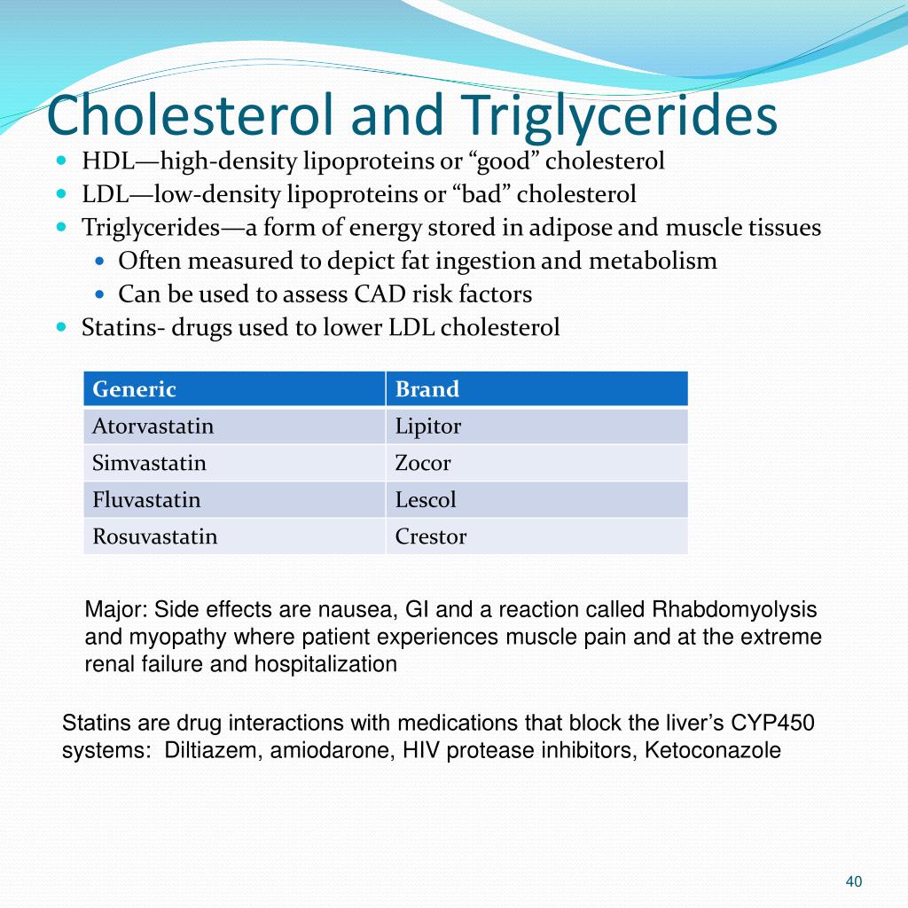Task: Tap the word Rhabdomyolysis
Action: [734, 610]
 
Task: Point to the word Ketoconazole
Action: [712, 750]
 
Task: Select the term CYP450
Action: [772, 724]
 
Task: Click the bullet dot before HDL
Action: [62, 160]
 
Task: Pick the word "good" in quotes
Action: [506, 161]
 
